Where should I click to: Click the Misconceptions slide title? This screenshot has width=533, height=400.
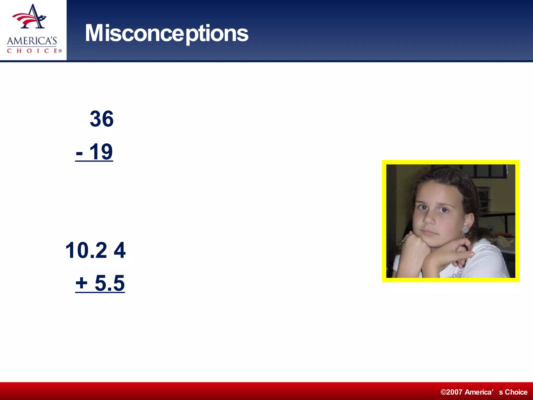(167, 33)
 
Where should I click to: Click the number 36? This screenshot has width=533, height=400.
(101, 119)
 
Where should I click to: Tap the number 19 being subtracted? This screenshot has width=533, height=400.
(101, 152)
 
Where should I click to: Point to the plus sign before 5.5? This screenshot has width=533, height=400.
(81, 283)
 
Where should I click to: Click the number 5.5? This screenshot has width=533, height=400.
(110, 283)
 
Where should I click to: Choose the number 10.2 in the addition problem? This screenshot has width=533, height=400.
(86, 250)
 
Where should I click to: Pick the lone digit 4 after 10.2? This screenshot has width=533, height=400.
(120, 250)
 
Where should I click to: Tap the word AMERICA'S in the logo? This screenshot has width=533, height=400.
(32, 41)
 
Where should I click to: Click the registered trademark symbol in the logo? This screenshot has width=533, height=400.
(60, 51)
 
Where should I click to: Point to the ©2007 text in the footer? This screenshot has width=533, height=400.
(452, 392)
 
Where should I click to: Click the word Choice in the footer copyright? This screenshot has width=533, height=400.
(516, 392)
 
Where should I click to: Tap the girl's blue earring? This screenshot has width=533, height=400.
(465, 230)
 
